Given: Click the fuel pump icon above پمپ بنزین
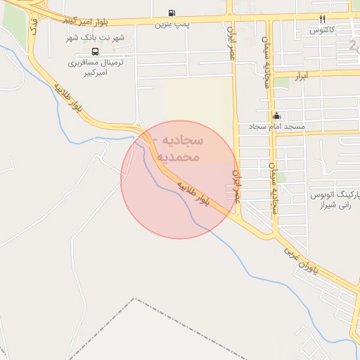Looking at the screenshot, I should [x=172, y=13].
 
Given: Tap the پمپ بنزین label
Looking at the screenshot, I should [x=172, y=24].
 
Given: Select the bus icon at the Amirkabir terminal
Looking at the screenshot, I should [x=96, y=51].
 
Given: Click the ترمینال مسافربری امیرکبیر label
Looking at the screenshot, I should [x=96, y=68].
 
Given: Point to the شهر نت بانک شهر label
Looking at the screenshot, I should [x=96, y=37].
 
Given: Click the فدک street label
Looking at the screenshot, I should [x=33, y=26].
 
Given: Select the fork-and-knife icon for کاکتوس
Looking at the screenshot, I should [x=322, y=19].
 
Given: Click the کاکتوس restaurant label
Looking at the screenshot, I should [x=321, y=30].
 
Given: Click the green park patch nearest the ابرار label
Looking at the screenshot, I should [x=281, y=82].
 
